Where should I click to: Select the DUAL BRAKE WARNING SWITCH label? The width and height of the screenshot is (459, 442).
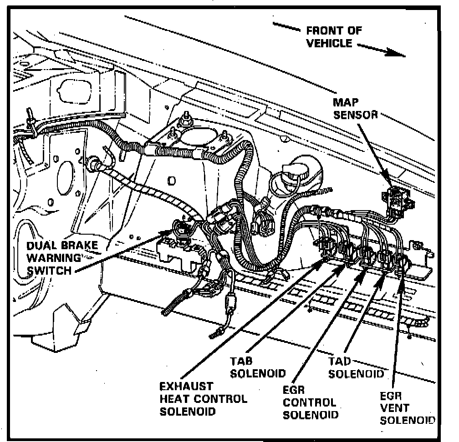pos(62,258)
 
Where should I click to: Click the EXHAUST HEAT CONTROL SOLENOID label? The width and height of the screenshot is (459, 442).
pos(203,399)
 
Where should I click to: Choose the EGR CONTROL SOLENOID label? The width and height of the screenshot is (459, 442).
pos(310,402)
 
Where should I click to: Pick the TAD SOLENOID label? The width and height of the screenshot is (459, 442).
pos(355,367)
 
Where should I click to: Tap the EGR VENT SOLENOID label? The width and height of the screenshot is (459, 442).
pos(406,407)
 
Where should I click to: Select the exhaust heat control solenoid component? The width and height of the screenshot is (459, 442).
pos(327,246)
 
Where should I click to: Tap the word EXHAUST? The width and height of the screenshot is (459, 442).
pos(186,387)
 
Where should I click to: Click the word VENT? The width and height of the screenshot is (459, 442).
pos(394,407)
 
